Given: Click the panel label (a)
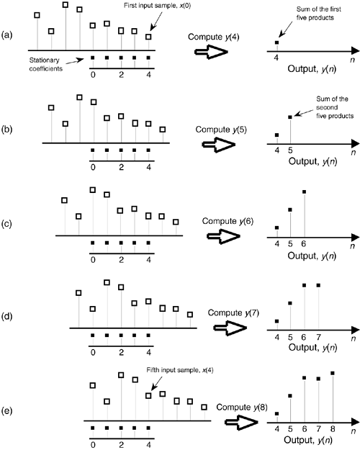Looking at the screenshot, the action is click(x=7, y=35).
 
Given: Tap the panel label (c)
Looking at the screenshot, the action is click(x=7, y=224).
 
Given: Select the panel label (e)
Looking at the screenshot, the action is click(x=7, y=410).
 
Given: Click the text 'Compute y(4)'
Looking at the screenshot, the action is click(x=214, y=37).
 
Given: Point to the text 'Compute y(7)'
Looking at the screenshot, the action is click(x=233, y=312).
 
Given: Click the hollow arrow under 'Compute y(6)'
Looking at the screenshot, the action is click(x=223, y=236).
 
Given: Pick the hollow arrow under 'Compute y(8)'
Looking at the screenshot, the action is click(x=241, y=422).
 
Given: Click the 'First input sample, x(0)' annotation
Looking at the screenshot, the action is click(x=157, y=6).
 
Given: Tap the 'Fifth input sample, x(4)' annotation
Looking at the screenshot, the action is click(x=180, y=370).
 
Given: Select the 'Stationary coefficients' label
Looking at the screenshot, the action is click(x=45, y=64).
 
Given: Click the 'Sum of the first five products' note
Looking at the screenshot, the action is click(x=319, y=14).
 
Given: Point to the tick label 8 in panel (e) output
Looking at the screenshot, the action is click(x=333, y=429).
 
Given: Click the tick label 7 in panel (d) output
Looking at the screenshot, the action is click(x=318, y=336).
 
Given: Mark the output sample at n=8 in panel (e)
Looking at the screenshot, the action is click(x=333, y=373).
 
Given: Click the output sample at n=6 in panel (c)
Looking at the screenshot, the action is click(x=305, y=192).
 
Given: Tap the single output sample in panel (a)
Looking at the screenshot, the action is click(x=276, y=42).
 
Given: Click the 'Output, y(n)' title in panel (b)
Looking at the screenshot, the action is click(x=312, y=161).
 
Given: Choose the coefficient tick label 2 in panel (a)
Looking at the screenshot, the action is click(x=122, y=75).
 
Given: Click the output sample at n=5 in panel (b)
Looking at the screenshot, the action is click(x=290, y=117).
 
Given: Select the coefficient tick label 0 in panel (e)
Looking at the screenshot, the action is click(x=93, y=445).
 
